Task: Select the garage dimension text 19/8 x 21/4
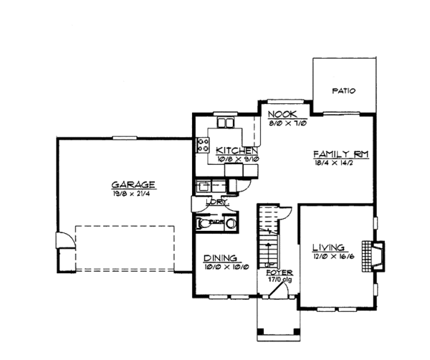pos(134,192)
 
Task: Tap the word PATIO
pos(344,91)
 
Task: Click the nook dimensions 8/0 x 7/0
pos(280,123)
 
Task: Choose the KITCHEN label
pos(236,150)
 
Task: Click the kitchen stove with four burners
pos(202,146)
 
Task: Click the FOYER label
pos(274,273)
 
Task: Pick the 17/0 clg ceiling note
pos(275,280)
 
